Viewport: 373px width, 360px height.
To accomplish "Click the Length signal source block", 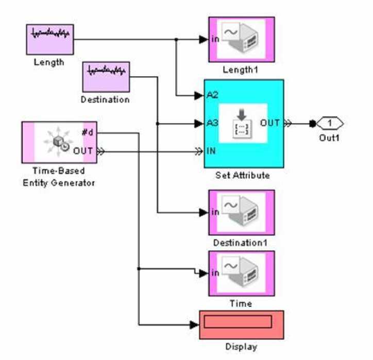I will click(49, 39).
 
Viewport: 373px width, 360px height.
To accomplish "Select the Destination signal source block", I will click(106, 77).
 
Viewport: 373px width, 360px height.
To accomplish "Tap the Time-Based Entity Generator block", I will click(59, 142).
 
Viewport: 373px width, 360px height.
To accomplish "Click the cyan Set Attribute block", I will click(244, 124).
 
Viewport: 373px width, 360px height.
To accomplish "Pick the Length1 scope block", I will click(241, 39).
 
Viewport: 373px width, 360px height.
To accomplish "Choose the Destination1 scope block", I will click(241, 212).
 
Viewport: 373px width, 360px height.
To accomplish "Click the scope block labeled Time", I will click(241, 273).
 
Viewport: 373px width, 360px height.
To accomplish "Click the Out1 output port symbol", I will click(330, 123).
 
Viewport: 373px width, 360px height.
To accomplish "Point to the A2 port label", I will click(212, 95).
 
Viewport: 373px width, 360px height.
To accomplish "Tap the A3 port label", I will click(212, 123).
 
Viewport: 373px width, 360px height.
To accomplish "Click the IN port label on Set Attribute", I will click(211, 151).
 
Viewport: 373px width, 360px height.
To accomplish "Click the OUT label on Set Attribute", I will click(270, 123).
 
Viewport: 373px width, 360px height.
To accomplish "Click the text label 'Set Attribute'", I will click(243, 175).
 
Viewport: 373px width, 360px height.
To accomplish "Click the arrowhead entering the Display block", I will click(194, 324).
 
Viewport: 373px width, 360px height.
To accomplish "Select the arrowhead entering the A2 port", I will click(199, 95).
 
